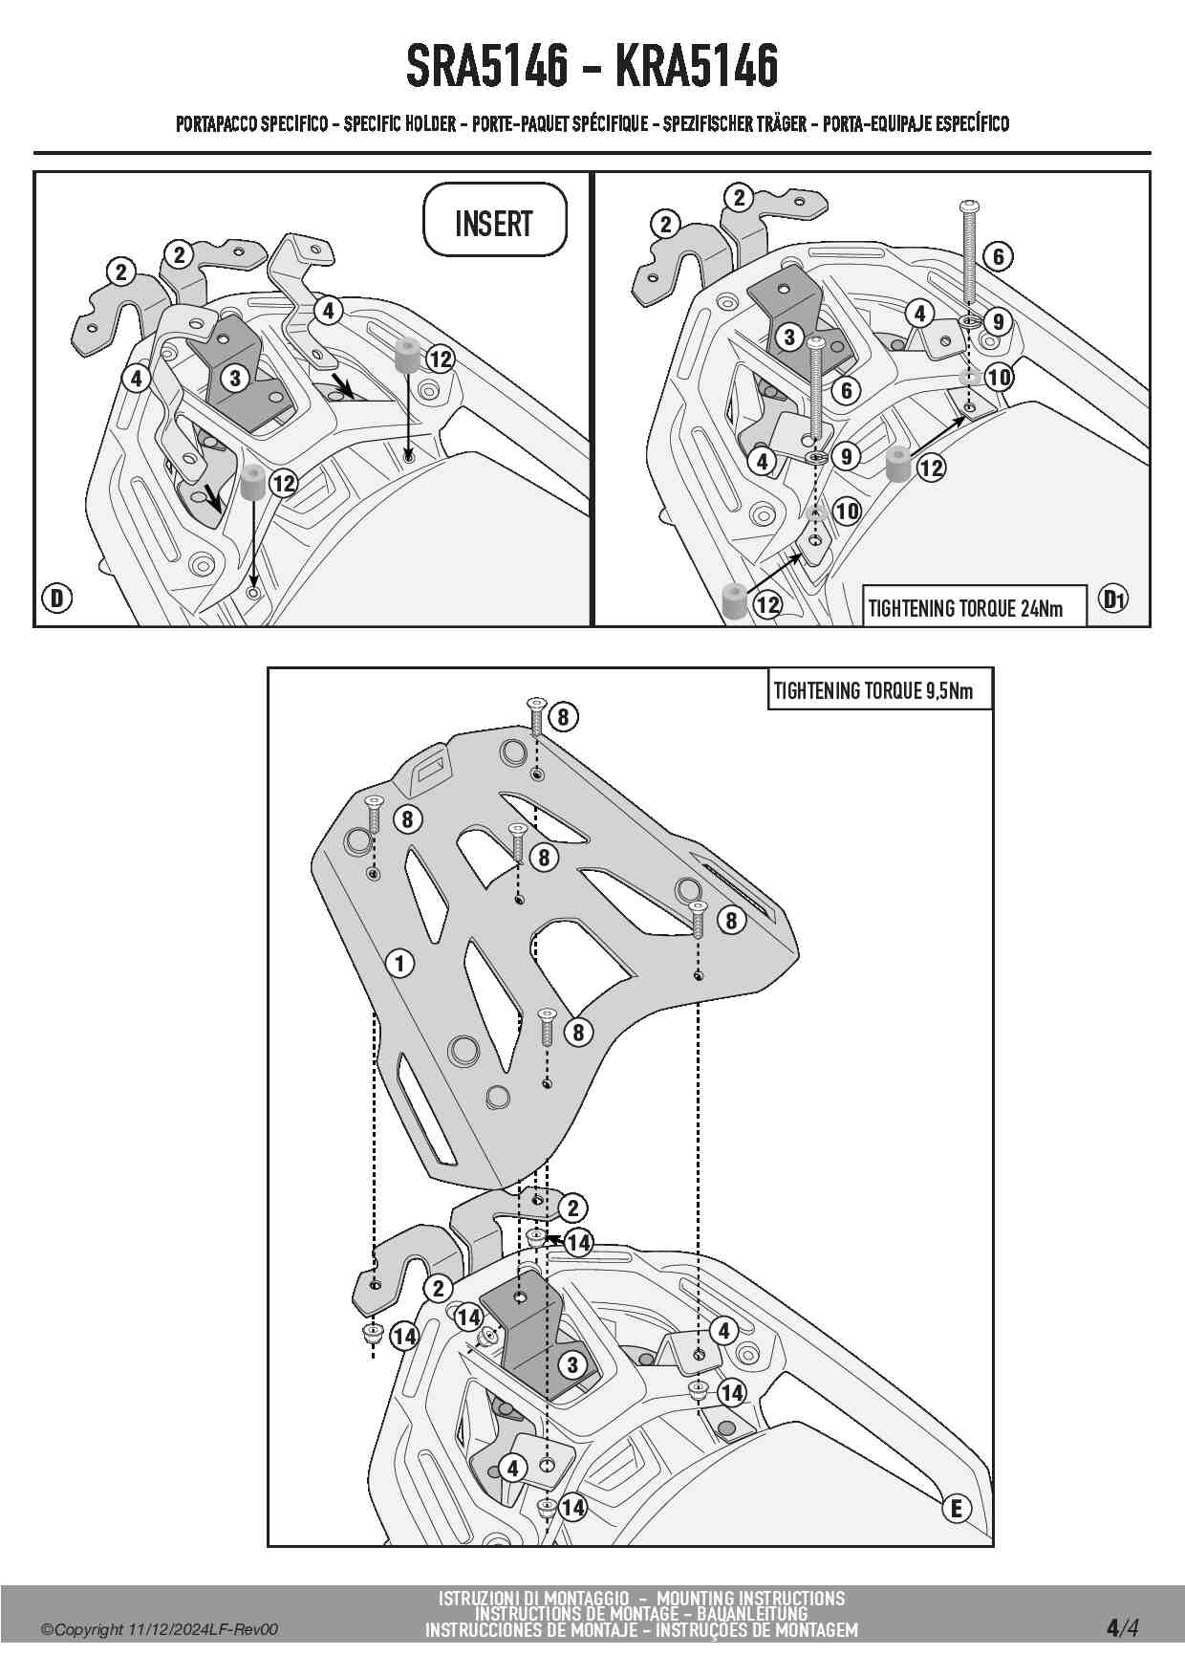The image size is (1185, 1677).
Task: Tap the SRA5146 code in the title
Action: pos(486,66)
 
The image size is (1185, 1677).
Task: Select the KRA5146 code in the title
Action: pos(696,66)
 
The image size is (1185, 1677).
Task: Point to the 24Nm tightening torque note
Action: pos(964,608)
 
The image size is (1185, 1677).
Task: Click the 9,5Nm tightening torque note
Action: pos(873,690)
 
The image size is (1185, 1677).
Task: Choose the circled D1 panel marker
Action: pos(1113,599)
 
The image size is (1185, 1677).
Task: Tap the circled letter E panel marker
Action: pos(956,1509)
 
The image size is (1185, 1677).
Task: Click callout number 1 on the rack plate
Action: pos(399,963)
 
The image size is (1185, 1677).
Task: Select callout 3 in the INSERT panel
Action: pos(235,378)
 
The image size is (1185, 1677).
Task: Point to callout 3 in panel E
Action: pos(571,1364)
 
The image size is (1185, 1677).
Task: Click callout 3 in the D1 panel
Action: pos(788,337)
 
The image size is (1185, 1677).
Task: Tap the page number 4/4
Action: pos(1123,1626)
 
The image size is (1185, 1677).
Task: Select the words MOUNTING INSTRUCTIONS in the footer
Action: pos(750,1598)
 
